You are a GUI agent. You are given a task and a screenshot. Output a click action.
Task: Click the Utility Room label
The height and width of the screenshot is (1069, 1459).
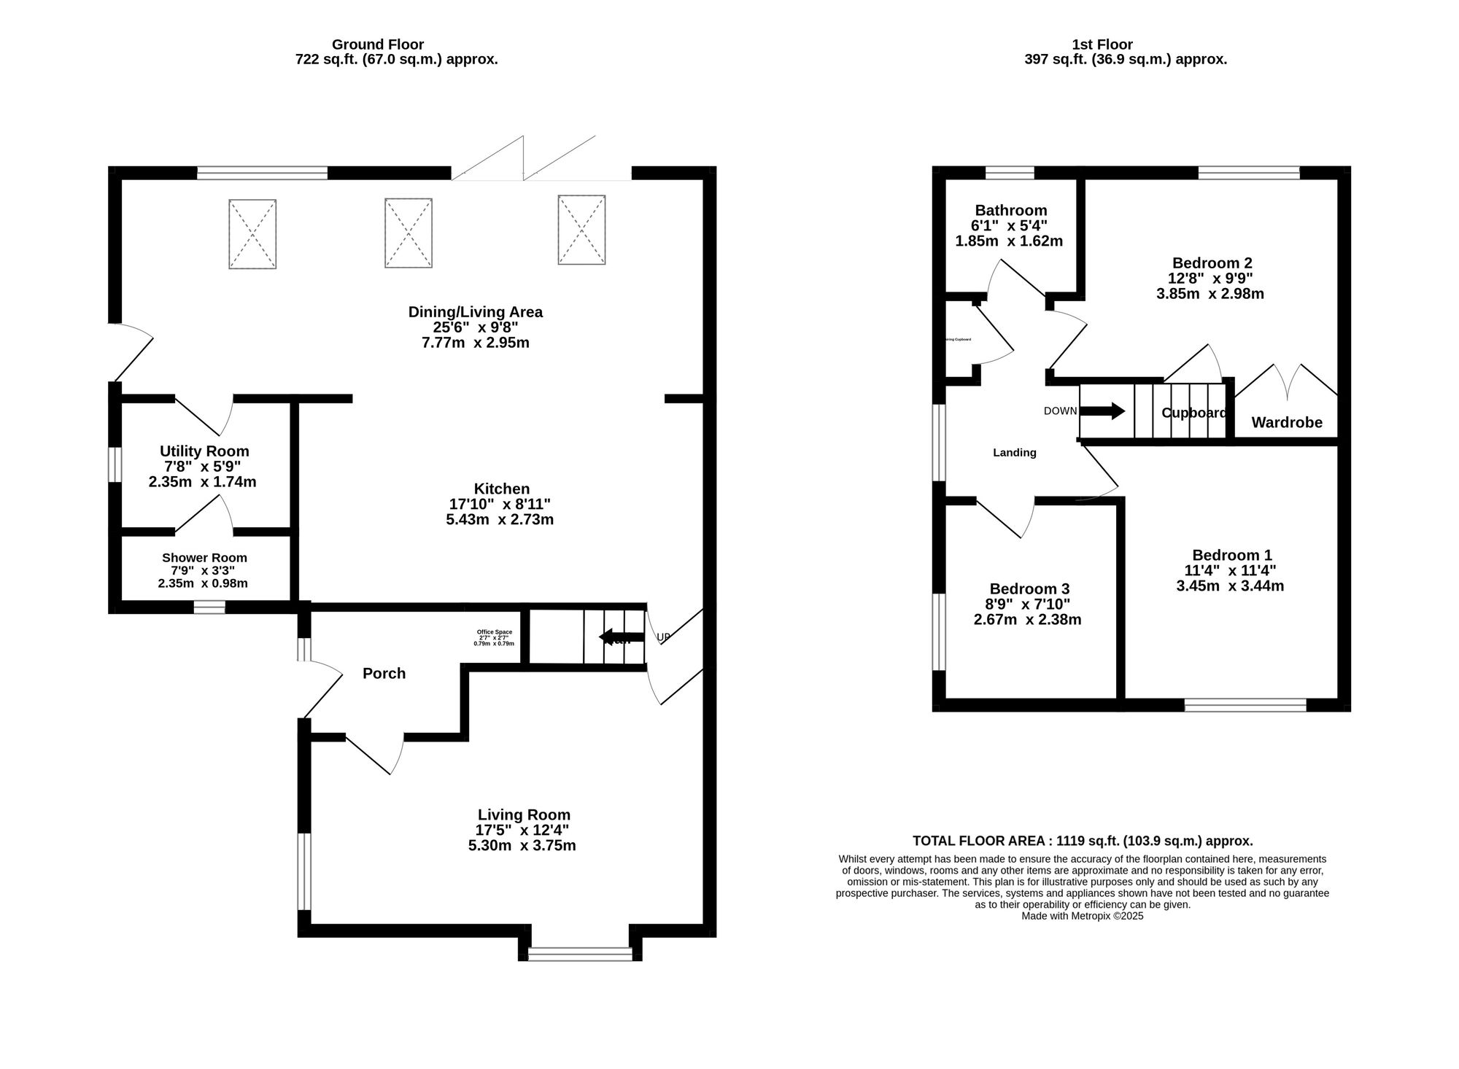[204, 451]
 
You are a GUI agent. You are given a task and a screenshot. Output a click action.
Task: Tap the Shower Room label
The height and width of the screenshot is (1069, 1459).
[204, 558]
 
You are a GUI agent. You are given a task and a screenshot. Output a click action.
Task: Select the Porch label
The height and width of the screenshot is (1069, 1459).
[384, 673]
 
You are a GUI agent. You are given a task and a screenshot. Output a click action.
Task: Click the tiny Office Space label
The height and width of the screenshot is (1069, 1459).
[494, 632]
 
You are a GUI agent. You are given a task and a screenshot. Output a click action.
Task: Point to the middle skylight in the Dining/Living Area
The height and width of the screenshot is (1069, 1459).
[409, 233]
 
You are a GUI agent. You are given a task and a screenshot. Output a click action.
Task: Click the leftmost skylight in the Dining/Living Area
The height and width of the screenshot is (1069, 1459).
[252, 234]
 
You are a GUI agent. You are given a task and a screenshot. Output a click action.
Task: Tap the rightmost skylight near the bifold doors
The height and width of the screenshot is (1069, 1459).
[581, 230]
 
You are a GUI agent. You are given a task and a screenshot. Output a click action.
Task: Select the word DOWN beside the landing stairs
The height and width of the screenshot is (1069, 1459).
[1060, 411]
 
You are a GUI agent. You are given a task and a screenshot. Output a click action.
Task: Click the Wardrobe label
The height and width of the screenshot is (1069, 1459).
[1287, 422]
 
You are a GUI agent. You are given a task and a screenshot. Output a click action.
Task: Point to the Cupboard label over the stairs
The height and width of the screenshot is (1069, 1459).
[1193, 413]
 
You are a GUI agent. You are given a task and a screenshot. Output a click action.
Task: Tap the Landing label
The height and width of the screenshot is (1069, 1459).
[1014, 453]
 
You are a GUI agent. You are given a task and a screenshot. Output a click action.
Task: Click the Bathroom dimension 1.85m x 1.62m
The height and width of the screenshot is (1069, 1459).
[1009, 241]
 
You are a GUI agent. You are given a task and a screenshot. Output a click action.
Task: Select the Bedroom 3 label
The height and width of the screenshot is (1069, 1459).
[1029, 588]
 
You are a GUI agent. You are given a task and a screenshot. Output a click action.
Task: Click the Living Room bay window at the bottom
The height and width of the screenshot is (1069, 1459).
[581, 953]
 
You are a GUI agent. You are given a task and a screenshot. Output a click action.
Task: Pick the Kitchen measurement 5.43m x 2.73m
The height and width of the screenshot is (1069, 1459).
[500, 520]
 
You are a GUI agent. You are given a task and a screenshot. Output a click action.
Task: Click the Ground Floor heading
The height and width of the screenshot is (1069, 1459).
[378, 44]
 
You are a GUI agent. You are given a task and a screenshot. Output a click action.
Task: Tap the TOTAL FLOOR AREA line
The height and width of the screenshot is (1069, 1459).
[1083, 841]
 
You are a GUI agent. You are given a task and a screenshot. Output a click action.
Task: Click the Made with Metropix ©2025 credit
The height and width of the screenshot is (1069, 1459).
[1083, 916]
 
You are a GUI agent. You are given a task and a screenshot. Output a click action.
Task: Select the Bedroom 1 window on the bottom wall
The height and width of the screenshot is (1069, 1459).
[1245, 704]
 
